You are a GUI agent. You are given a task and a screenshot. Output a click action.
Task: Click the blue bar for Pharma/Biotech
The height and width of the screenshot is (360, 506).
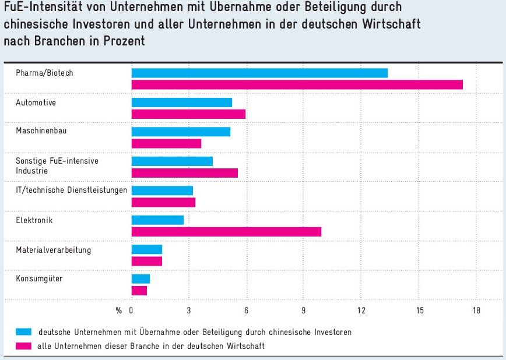coord(259,73)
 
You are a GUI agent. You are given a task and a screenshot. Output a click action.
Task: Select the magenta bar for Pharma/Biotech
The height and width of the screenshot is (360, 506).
coord(297,84)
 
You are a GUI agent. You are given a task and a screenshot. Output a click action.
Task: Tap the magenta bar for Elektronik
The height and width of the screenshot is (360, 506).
coord(226,232)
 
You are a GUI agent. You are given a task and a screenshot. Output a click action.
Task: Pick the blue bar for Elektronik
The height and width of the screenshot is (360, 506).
coord(157,220)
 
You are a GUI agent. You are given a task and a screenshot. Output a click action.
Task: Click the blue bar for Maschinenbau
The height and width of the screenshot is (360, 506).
coord(181,132)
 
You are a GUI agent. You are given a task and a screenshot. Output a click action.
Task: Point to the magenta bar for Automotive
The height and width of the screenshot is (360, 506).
coord(188,114)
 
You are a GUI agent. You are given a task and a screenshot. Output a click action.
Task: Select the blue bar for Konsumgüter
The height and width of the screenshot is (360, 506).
coord(140,279)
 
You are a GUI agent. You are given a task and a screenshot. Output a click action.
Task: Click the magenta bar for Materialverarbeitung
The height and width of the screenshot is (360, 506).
coord(146,261)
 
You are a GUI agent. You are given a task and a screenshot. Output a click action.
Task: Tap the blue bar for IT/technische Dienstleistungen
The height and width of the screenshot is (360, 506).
coord(162,190)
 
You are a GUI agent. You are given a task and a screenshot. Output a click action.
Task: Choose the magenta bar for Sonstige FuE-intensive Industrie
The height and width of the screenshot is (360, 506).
coord(184,173)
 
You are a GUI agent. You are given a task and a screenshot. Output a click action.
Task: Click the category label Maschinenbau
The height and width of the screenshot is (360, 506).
coord(41,130)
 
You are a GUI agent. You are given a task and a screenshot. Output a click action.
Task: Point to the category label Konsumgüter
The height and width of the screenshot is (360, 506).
coord(39,278)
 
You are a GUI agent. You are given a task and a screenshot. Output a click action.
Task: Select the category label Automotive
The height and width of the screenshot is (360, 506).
coord(36,103)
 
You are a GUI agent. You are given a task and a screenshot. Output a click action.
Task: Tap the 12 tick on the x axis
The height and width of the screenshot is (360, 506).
coord(361,310)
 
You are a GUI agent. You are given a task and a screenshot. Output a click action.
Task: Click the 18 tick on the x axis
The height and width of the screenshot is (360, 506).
coord(476,310)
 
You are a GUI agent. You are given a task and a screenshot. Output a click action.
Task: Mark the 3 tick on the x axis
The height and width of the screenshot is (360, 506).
coord(189,310)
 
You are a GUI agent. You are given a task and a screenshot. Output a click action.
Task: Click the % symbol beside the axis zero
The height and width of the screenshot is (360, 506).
coord(119,310)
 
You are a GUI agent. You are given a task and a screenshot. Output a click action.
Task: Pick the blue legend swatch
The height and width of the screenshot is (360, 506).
coord(23,332)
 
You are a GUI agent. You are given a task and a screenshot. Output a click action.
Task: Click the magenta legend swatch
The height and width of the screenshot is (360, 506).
coord(23,346)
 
